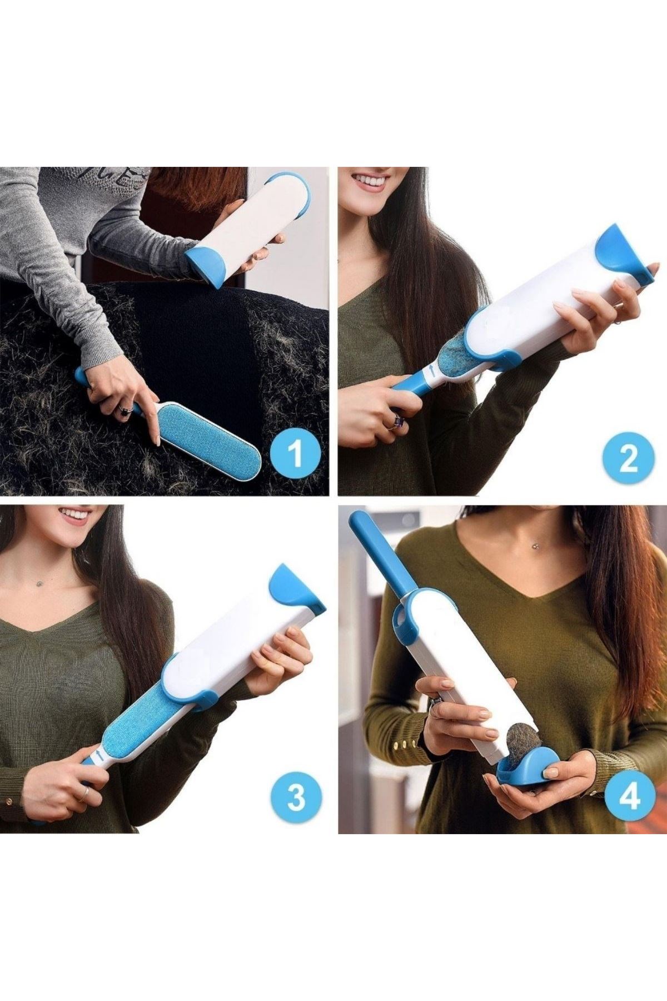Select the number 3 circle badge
[x=296, y=797]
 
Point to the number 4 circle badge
[x=629, y=796]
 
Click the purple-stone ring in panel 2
[x=397, y=421]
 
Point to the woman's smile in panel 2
[x=370, y=182]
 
